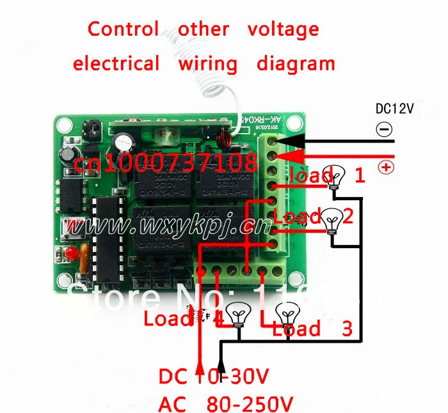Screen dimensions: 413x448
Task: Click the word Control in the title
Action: (123, 29)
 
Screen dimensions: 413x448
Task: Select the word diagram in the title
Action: (296, 64)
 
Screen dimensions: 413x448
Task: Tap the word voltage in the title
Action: (283, 29)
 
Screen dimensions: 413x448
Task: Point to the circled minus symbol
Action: (384, 130)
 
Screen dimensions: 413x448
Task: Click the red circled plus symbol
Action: (386, 168)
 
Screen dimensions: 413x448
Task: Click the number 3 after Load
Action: (347, 329)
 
